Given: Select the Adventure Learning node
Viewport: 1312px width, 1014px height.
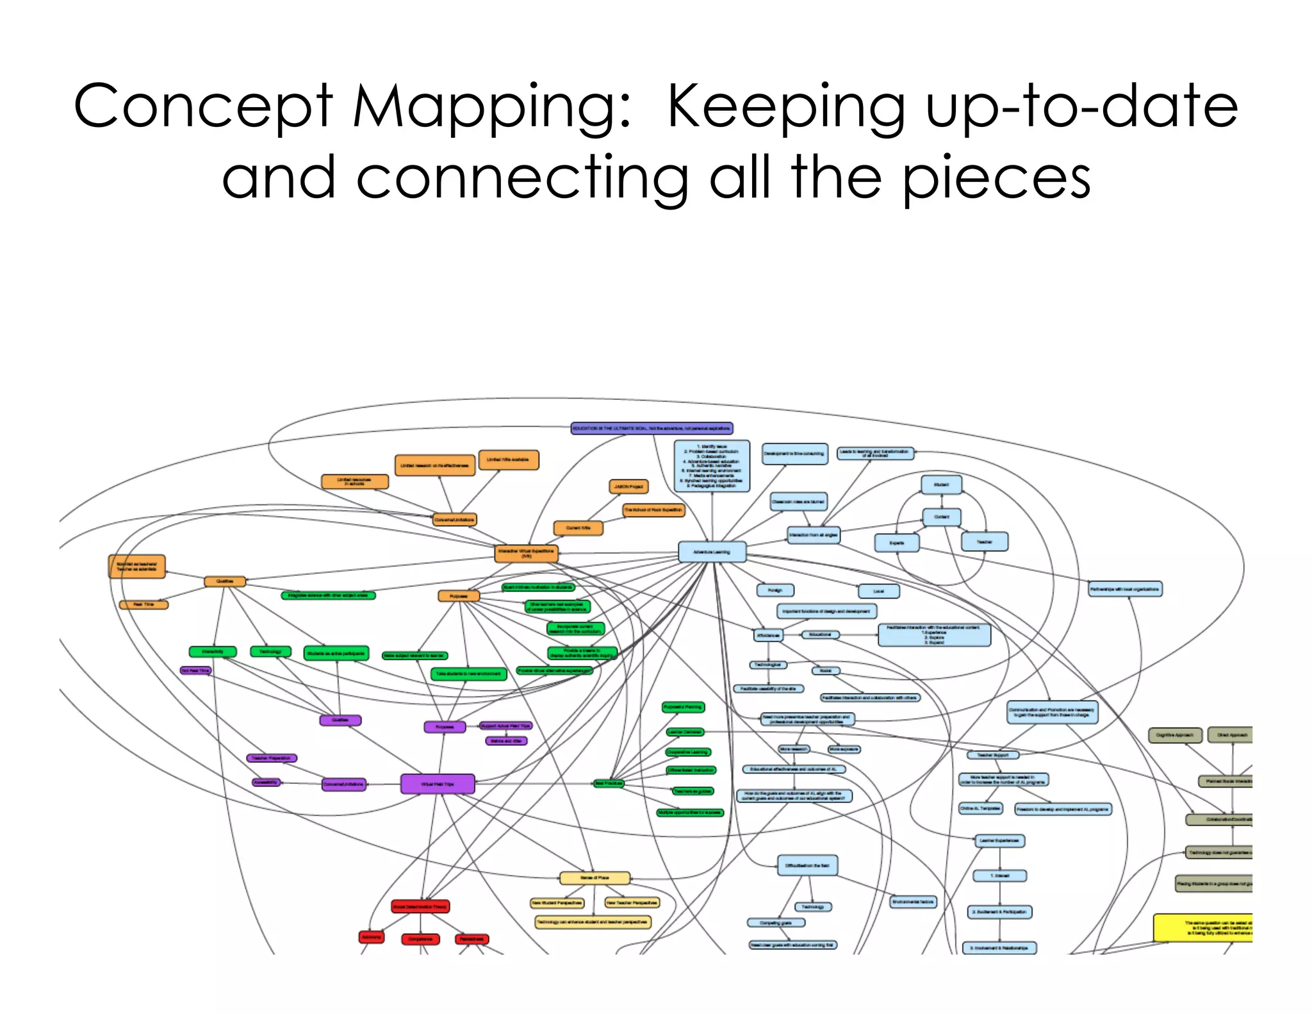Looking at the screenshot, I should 712,552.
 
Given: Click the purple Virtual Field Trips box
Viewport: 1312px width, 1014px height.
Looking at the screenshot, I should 438,784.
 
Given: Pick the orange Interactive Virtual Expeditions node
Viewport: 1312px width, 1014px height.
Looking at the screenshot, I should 527,553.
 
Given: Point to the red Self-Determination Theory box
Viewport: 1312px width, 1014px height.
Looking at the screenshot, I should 420,906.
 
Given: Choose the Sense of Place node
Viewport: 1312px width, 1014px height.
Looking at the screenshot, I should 594,877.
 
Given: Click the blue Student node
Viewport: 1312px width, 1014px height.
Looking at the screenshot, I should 941,485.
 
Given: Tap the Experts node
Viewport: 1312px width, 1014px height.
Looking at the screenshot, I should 897,543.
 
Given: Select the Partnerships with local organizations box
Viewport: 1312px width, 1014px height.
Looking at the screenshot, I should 1125,588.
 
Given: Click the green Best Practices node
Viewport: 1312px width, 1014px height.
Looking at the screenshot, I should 608,783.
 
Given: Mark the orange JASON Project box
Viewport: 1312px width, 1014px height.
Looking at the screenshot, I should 628,486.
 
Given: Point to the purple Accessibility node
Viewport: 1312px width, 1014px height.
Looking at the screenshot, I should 266,782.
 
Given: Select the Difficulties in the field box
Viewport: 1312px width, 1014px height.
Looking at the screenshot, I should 807,865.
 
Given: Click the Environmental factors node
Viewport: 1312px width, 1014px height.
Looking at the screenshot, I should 913,902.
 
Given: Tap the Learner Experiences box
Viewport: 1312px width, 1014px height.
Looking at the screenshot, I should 999,840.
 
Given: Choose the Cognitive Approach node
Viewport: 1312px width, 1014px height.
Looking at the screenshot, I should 1174,735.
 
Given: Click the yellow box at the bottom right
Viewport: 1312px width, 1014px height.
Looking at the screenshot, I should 1202,927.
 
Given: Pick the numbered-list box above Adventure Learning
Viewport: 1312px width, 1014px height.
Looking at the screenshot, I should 712,466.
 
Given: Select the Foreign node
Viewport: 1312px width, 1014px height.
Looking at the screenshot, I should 775,590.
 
